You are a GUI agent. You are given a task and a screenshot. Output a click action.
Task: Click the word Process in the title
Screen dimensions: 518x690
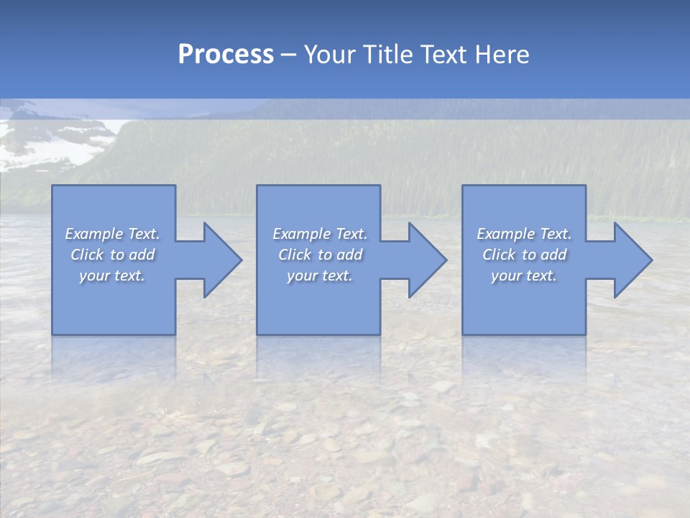tap(226, 55)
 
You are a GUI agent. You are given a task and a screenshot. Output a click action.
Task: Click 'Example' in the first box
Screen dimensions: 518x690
tap(94, 234)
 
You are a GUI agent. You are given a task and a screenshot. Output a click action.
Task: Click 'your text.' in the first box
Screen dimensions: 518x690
tap(112, 276)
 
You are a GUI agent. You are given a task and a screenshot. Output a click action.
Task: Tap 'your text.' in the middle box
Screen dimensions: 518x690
tap(320, 276)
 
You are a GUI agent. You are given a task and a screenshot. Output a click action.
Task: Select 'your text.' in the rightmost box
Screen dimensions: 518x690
tap(524, 276)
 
